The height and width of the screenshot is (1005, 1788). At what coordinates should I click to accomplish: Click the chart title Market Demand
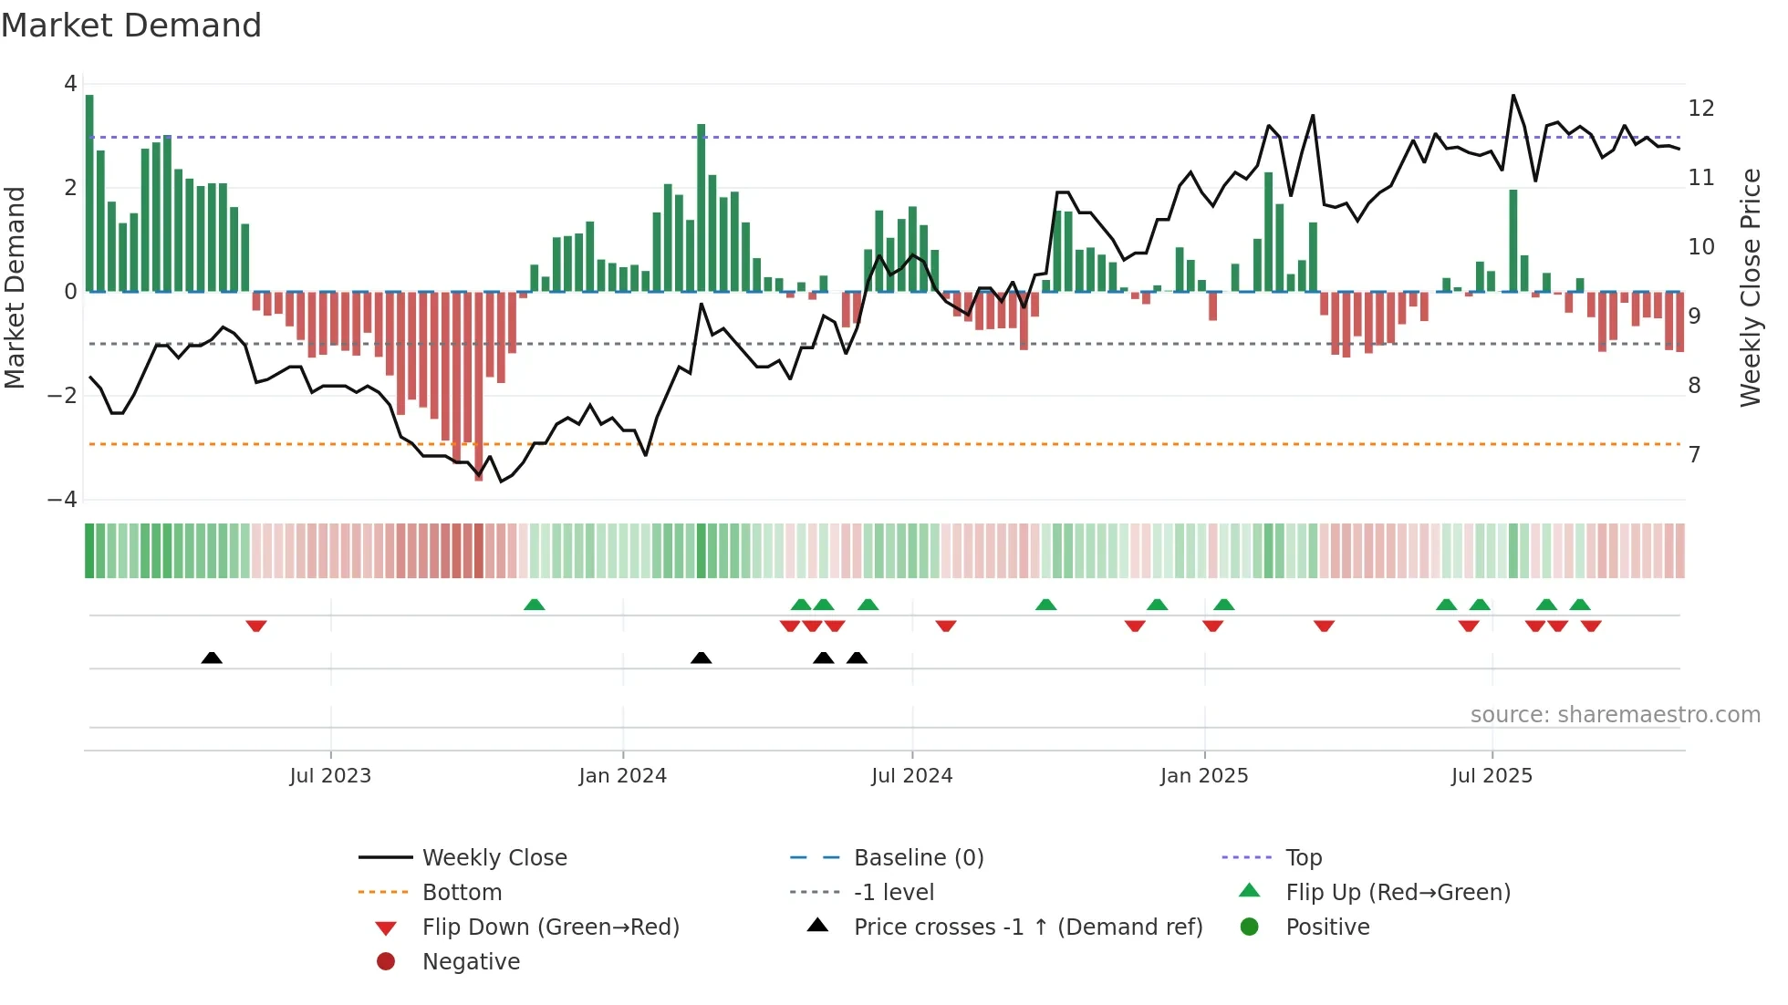point(131,26)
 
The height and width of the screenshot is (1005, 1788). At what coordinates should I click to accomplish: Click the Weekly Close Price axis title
point(1750,287)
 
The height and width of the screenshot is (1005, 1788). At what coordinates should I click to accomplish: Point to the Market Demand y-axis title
point(16,287)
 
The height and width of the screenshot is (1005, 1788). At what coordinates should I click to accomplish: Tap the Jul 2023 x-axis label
point(330,776)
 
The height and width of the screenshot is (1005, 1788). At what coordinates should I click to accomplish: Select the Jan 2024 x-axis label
point(622,776)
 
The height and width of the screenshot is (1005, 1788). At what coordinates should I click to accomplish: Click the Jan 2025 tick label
point(1203,776)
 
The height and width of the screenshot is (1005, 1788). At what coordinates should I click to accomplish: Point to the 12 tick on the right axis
point(1700,109)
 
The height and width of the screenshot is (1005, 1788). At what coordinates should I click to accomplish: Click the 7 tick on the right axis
point(1694,454)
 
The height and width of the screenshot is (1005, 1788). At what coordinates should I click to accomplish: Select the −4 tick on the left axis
point(62,500)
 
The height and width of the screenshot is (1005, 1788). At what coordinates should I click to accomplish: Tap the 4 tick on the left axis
point(70,84)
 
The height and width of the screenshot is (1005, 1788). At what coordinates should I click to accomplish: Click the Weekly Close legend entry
point(494,858)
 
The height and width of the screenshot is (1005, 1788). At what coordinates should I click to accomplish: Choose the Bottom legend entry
point(462,893)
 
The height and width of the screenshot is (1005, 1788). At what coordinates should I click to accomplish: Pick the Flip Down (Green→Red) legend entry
point(550,927)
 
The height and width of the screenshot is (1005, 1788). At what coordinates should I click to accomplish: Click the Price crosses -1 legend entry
point(1027,927)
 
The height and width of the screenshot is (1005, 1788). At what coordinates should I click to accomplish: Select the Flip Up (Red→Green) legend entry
point(1398,893)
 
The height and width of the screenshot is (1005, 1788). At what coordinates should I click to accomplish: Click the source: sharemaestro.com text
point(1615,715)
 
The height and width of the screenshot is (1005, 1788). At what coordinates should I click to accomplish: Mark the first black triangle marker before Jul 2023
point(212,658)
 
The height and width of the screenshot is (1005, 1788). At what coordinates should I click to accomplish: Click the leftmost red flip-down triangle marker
point(256,626)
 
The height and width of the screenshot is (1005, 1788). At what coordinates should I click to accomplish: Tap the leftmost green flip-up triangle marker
point(535,605)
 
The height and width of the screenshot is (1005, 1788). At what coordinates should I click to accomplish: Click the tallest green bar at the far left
point(89,192)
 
